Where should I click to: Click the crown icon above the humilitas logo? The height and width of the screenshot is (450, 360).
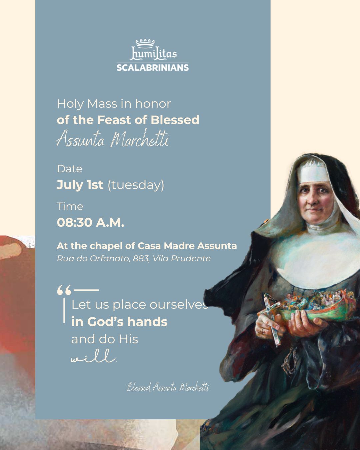[145, 43]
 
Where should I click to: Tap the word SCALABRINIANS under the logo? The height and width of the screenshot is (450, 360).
[153, 68]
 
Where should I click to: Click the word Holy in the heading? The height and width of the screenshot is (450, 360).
[70, 104]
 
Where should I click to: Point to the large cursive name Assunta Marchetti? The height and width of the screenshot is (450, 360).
[112, 138]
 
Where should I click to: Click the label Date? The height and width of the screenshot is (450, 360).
[69, 169]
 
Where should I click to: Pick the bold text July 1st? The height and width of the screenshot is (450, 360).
[80, 185]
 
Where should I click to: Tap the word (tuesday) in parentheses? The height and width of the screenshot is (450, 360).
[136, 185]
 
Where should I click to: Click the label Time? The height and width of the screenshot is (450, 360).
[70, 206]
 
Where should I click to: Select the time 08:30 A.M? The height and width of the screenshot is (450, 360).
[91, 222]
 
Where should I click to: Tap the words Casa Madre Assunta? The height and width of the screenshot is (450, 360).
[187, 246]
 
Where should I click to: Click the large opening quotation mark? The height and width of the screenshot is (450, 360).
[64, 290]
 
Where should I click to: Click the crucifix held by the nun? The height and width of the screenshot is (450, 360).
[272, 318]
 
